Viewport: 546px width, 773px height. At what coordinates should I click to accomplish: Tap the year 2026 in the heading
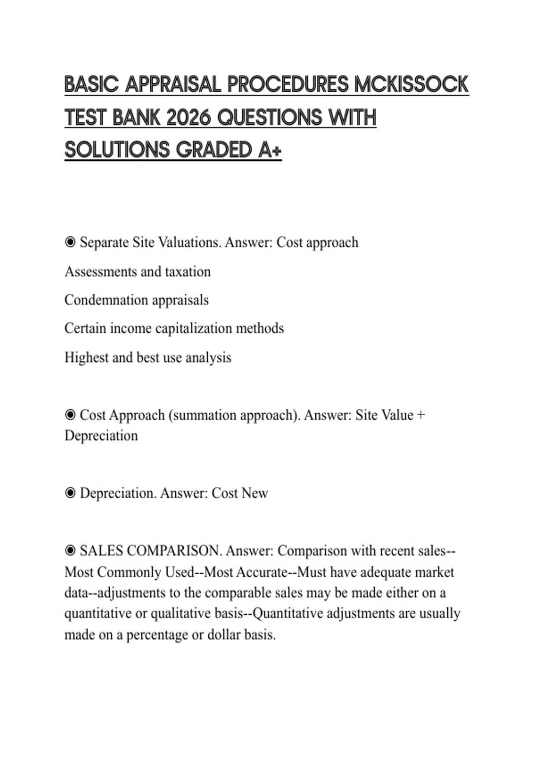click(x=189, y=118)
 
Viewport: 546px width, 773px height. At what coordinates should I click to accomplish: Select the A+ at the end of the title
click(x=270, y=151)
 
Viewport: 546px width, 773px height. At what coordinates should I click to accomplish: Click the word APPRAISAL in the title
click(x=173, y=85)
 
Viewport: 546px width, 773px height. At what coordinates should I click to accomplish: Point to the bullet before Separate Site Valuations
click(x=70, y=242)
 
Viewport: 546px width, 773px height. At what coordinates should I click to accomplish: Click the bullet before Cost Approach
click(x=70, y=415)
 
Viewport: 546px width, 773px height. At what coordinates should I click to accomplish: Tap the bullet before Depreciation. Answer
click(x=70, y=493)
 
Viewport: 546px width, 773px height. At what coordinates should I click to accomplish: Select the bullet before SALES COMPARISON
click(x=70, y=551)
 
